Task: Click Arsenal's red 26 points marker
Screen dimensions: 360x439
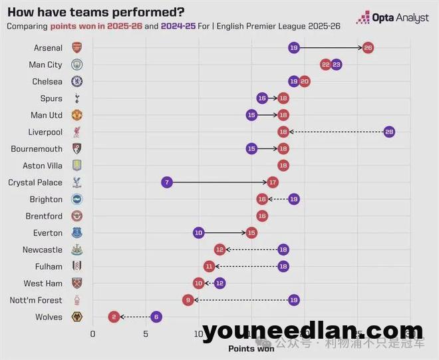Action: coord(368,48)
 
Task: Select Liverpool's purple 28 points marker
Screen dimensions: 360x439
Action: coord(389,132)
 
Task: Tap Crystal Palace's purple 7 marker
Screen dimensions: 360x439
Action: coord(166,182)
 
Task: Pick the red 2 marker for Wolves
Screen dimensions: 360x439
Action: coord(114,317)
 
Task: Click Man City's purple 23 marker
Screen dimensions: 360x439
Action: coord(336,65)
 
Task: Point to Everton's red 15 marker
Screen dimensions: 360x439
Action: coord(251,233)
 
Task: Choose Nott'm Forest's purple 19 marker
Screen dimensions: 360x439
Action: coord(293,300)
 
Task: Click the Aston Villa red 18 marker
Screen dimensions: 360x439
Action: coord(283,166)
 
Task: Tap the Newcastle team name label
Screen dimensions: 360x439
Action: coord(43,250)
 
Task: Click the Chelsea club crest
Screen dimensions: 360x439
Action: coord(77,81)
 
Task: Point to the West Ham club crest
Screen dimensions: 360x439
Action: coord(77,283)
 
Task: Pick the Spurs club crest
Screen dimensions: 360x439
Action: coord(77,98)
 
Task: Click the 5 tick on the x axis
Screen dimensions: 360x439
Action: coord(146,333)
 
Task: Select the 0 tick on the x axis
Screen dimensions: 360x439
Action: coord(92,333)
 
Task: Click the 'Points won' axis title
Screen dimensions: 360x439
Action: coord(251,348)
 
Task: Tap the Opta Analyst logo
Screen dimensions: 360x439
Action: coord(392,18)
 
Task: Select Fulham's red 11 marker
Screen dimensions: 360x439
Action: coord(210,266)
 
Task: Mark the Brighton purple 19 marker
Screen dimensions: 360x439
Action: coord(293,199)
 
